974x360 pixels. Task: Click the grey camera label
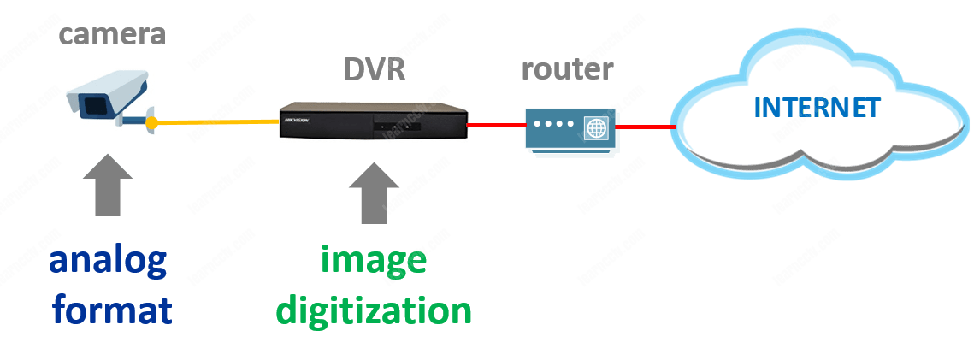pyautogui.click(x=112, y=35)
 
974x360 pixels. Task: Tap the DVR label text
pyautogui.click(x=374, y=68)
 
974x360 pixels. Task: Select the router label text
pyautogui.click(x=567, y=68)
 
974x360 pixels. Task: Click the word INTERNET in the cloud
pyautogui.click(x=817, y=108)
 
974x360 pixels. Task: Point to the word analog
pyautogui.click(x=108, y=262)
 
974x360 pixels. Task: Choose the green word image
pyautogui.click(x=374, y=260)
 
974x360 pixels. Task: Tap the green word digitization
pyautogui.click(x=374, y=309)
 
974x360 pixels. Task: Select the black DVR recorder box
pyautogui.click(x=374, y=121)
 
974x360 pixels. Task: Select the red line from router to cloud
pyautogui.click(x=646, y=127)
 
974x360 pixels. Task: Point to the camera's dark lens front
pyautogui.click(x=88, y=105)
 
